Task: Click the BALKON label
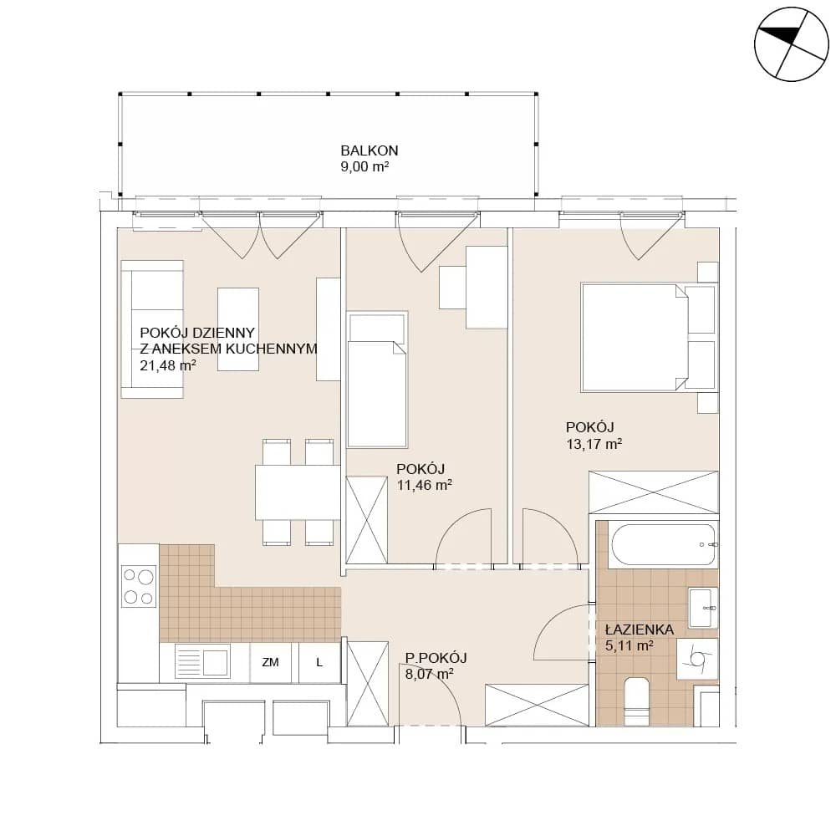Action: pyautogui.click(x=369, y=150)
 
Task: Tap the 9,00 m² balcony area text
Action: pyautogui.click(x=364, y=166)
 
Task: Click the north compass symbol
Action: pyautogui.click(x=792, y=44)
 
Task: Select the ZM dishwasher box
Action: pyautogui.click(x=270, y=663)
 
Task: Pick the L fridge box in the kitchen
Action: pyautogui.click(x=319, y=663)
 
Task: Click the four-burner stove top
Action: pyautogui.click(x=139, y=587)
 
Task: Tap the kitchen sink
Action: pyautogui.click(x=202, y=661)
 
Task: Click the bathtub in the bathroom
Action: pyautogui.click(x=664, y=544)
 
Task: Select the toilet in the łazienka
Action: pyautogui.click(x=636, y=701)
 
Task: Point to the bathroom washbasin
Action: pyautogui.click(x=703, y=608)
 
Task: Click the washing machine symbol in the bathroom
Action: pyautogui.click(x=697, y=659)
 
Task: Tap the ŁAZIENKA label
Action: pyautogui.click(x=640, y=630)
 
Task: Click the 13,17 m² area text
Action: pyautogui.click(x=594, y=444)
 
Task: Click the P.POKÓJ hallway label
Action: pyautogui.click(x=436, y=658)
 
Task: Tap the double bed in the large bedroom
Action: pyautogui.click(x=634, y=338)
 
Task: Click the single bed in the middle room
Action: pyautogui.click(x=377, y=380)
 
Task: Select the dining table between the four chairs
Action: pyautogui.click(x=298, y=492)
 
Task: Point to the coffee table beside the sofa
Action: pyautogui.click(x=238, y=329)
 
